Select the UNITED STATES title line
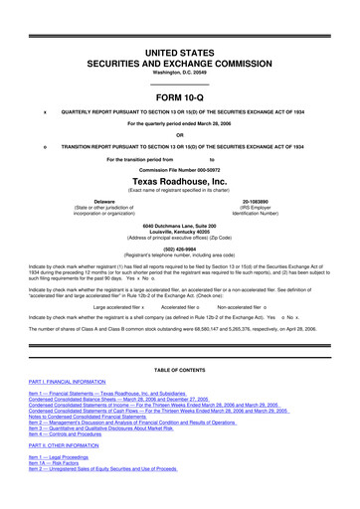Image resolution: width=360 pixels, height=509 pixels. tap(179, 33)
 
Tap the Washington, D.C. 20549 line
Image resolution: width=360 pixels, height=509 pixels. tap(179, 58)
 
